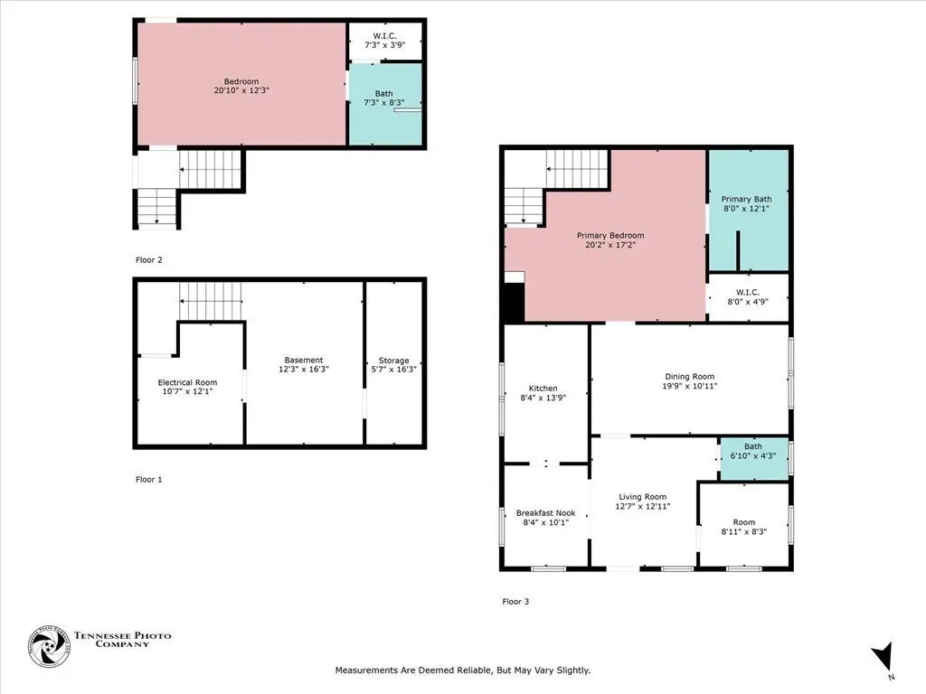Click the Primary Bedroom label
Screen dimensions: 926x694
(610, 236)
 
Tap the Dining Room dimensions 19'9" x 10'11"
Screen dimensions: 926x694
(690, 386)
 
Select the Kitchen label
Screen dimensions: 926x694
(543, 389)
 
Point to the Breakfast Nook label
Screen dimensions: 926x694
(545, 513)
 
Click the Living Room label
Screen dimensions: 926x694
(643, 497)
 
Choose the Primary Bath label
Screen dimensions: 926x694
(746, 200)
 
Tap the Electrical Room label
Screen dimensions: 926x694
(187, 382)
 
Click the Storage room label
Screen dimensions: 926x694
(394, 361)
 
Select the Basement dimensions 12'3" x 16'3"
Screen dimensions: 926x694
(304, 370)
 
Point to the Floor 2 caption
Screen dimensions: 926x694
(149, 259)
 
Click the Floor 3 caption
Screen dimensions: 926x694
(515, 601)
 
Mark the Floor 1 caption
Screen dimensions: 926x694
(149, 479)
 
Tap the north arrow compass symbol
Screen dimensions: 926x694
(883, 658)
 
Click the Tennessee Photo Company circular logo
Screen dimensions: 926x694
(49, 647)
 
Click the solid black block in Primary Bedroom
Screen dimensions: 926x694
(514, 303)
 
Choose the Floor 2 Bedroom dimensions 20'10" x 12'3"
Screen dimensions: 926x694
(241, 90)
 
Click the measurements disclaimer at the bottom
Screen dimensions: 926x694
(463, 671)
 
